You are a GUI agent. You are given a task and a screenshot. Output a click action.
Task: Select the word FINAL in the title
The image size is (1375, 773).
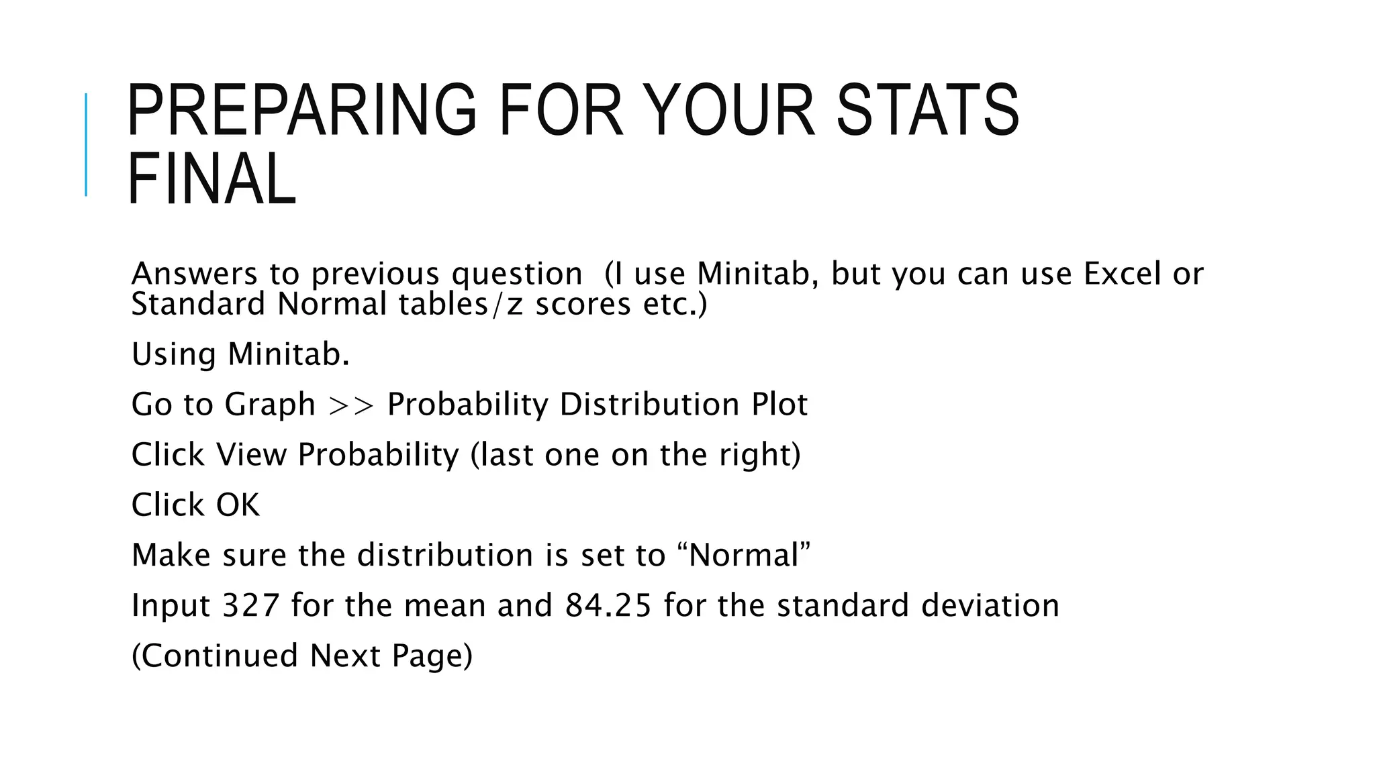pos(211,179)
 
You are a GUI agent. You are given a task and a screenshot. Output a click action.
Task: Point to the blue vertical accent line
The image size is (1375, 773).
pos(86,144)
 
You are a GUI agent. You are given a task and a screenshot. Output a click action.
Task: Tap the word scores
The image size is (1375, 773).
pos(583,304)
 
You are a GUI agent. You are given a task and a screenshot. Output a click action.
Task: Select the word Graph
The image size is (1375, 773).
pos(270,405)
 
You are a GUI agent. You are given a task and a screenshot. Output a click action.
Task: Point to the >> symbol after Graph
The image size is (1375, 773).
pos(351,405)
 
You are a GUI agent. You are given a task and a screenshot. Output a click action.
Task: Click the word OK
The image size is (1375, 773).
pos(238,505)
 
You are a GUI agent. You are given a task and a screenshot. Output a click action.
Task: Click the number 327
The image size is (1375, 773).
pos(250,605)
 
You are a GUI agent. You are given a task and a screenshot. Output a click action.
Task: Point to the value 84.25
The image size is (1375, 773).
pos(608,605)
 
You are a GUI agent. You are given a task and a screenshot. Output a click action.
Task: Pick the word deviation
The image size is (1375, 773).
pos(990,605)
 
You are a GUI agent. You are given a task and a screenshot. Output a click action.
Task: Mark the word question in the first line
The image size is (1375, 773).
pos(517,274)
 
